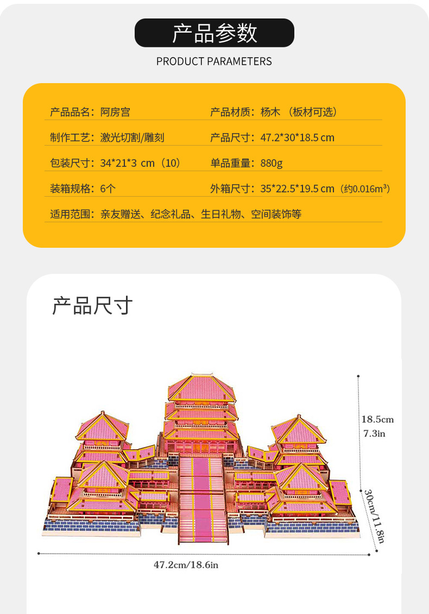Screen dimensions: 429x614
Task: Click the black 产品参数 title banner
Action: tap(214, 33)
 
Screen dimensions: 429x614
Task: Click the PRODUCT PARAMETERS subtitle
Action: tap(214, 61)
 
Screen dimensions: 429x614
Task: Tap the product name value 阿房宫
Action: tap(115, 112)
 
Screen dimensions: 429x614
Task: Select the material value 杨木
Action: tap(270, 112)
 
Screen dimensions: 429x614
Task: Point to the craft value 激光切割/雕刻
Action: tap(132, 137)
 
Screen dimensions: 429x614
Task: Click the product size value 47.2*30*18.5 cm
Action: tap(297, 137)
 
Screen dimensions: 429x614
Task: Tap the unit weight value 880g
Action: tap(271, 163)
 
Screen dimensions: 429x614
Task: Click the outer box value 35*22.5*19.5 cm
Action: tap(297, 189)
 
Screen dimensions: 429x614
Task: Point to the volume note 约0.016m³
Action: tap(365, 189)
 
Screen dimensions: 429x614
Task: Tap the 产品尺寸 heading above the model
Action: tap(92, 306)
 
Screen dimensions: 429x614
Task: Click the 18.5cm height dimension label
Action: tap(377, 419)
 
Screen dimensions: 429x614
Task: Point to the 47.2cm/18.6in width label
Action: tap(186, 565)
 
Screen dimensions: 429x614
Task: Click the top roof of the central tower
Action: tap(200, 387)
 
